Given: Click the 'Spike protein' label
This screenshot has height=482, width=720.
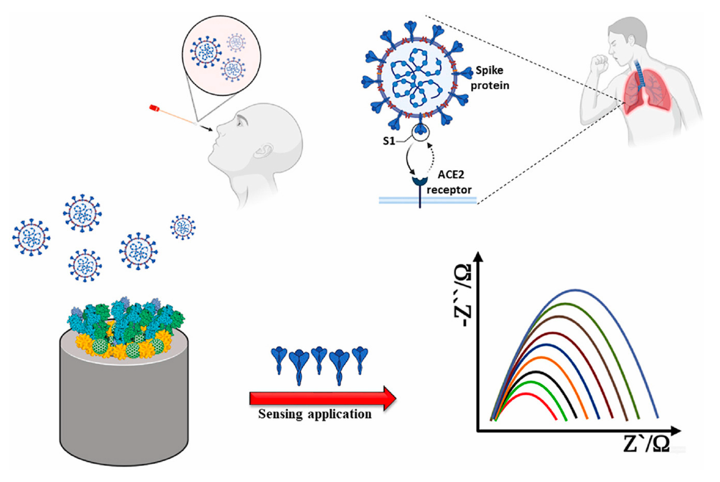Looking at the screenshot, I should coord(489,78).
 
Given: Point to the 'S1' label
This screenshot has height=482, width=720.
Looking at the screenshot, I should coord(389,141).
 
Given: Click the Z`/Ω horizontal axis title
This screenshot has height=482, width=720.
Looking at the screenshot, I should coord(646,444).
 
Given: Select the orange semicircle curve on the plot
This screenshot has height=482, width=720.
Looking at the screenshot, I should coord(542,358).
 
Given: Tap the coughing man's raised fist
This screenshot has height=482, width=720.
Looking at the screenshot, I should coord(599,64).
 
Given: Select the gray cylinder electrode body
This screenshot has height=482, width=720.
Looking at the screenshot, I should coord(123,408).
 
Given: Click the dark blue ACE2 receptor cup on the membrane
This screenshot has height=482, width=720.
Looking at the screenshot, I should coord(420,180).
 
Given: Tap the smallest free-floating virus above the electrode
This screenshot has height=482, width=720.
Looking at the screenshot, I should coord(183,227).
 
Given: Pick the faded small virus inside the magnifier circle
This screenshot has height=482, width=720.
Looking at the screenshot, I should coord(236,42).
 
